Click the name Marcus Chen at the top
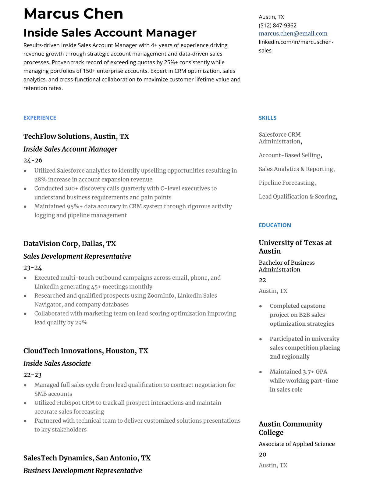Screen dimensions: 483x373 (x=73, y=14)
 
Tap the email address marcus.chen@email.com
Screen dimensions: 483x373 (x=293, y=34)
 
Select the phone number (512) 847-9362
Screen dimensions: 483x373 (x=277, y=25)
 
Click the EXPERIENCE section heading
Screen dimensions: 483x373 (x=40, y=118)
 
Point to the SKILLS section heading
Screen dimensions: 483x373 (x=268, y=118)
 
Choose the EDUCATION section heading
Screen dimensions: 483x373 (x=275, y=225)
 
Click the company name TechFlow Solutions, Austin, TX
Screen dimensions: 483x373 (x=76, y=136)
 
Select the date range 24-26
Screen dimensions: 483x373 (x=33, y=160)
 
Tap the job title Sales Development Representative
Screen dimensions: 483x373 (x=77, y=256)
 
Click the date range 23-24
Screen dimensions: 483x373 (x=33, y=268)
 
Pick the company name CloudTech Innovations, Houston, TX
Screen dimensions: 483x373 (x=86, y=351)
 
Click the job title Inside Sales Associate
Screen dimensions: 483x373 (x=57, y=363)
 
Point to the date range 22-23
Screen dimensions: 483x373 (x=32, y=375)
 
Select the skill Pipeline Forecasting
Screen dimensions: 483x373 (x=286, y=183)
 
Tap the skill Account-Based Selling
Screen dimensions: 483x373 (x=290, y=155)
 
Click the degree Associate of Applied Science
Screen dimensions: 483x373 (x=297, y=444)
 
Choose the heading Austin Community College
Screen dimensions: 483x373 (x=290, y=428)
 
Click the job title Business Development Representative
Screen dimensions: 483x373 (x=83, y=470)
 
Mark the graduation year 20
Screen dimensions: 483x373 (x=262, y=455)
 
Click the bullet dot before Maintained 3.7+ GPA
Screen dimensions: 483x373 (x=261, y=372)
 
